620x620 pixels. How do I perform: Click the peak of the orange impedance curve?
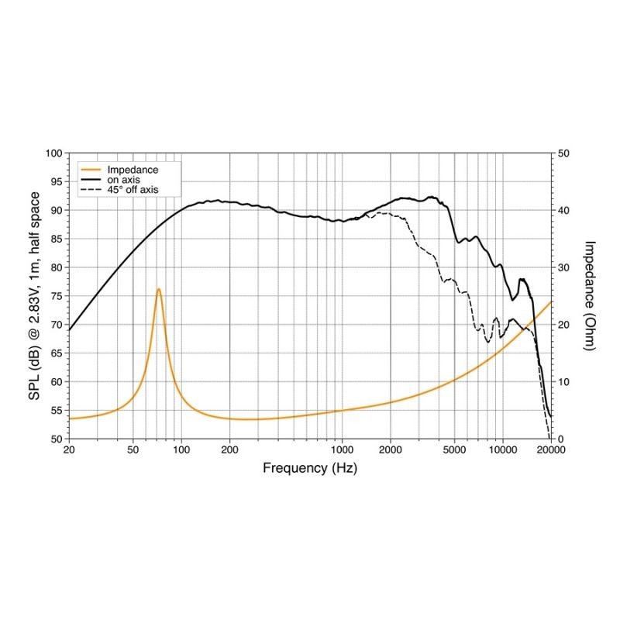coord(159,289)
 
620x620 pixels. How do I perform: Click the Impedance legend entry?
coord(133,170)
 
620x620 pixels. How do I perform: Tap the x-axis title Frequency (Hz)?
coord(310,468)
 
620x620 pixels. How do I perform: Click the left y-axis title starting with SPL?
coord(35,295)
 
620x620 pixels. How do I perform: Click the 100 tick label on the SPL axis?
coord(54,153)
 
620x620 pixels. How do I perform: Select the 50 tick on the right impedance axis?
coord(564,153)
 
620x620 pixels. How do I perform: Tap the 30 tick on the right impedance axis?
coord(564,267)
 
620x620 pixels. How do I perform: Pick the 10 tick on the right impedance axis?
coord(564,382)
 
